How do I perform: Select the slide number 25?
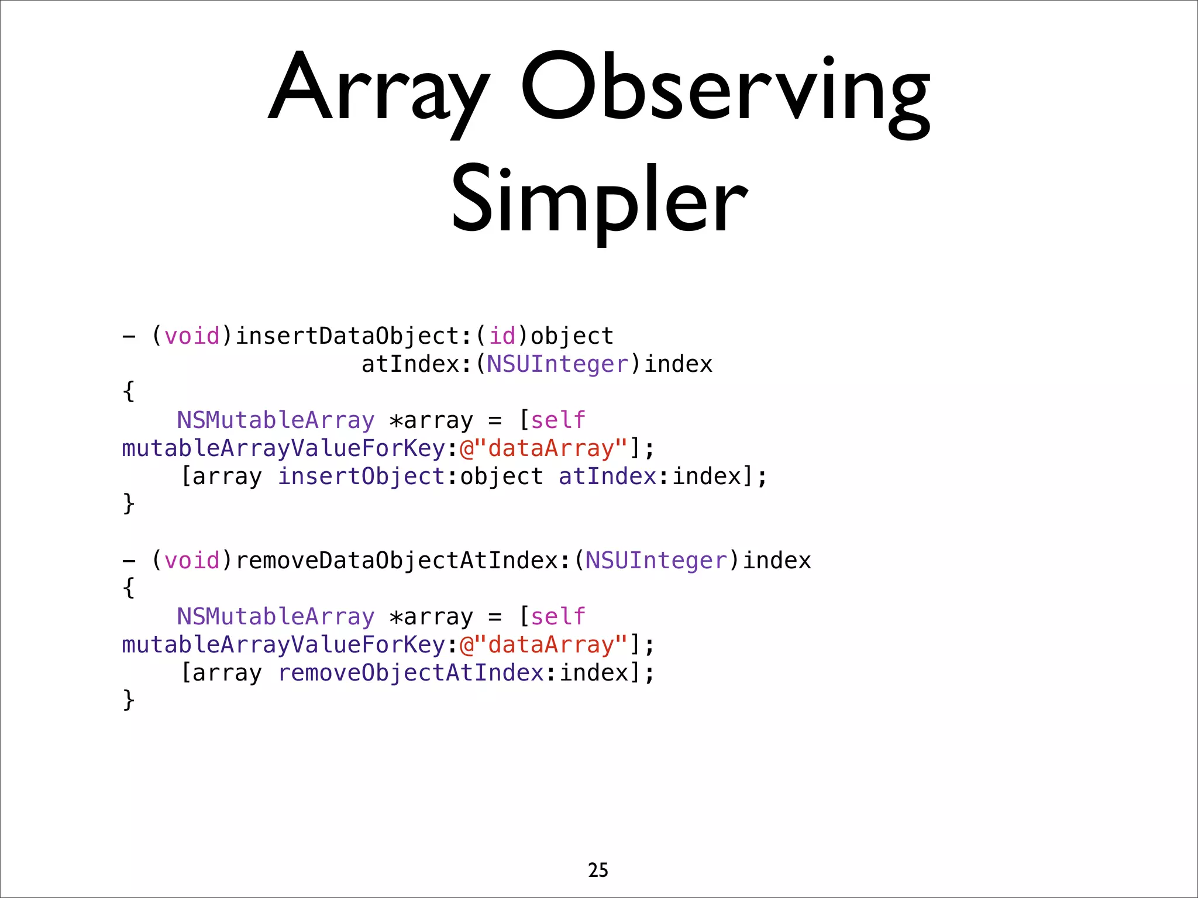(598, 870)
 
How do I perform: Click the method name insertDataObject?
(347, 336)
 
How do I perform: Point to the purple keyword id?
(502, 336)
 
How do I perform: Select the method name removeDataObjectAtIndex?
(397, 561)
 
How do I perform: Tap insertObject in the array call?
(362, 476)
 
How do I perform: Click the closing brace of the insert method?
(129, 504)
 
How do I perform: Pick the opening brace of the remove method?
(129, 588)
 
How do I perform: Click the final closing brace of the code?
(129, 700)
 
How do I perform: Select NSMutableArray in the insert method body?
(276, 420)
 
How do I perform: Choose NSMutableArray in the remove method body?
(276, 617)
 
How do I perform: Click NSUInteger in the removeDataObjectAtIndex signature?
(656, 561)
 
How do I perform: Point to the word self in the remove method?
(558, 617)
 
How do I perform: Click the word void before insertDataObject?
(192, 336)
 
